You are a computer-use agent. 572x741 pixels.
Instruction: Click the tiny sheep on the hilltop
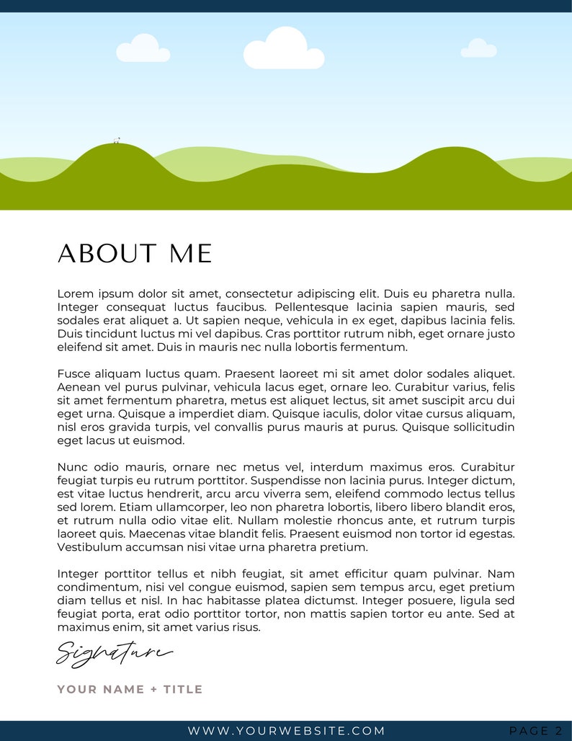coord(117,141)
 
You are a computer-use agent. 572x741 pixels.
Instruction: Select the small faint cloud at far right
coord(478,49)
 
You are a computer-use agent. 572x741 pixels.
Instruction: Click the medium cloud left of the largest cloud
coord(142,49)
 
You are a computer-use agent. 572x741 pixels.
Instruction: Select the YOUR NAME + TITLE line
coord(130,689)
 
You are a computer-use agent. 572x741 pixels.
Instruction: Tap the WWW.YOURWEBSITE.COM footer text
coord(286,731)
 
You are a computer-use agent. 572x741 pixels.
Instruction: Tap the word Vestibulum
coord(90,547)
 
